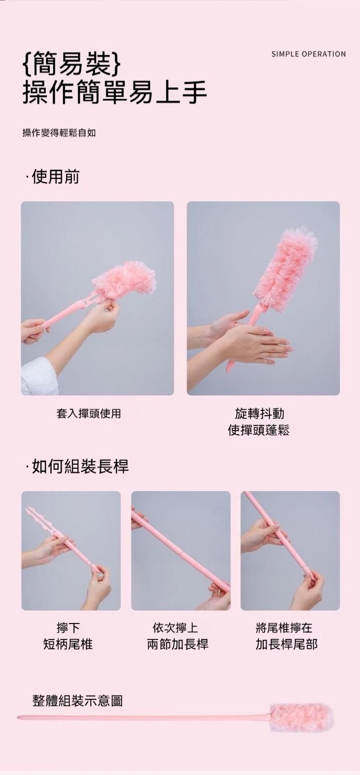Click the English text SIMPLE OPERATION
tap(308, 54)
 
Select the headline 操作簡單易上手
tap(115, 93)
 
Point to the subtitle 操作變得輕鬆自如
tap(59, 132)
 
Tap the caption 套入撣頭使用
tap(89, 413)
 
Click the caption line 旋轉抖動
tap(260, 413)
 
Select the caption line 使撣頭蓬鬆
tap(259, 430)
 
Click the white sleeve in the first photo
tap(38, 378)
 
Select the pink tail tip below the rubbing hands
tap(229, 366)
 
